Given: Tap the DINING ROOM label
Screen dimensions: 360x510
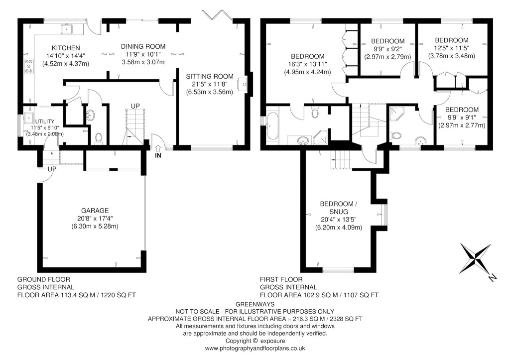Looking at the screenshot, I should (143, 46).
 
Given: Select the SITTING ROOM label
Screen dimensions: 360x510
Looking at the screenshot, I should (209, 76).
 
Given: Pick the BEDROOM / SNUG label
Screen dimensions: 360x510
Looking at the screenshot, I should (338, 208).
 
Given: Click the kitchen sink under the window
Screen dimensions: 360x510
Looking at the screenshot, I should (66, 29).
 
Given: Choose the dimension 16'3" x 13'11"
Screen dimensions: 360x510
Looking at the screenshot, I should (307, 64).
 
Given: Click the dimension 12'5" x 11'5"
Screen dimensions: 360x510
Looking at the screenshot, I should (451, 48).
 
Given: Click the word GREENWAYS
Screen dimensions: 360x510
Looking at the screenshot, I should (255, 304).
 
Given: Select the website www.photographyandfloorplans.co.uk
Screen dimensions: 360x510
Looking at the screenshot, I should (255, 349).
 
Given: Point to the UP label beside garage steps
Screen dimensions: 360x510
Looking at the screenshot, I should (51, 169).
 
